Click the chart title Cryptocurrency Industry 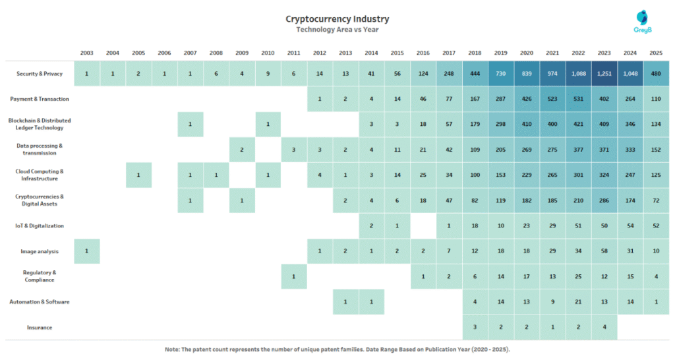[x=337, y=18]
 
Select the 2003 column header [x=86, y=53]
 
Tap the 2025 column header [x=656, y=53]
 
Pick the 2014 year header [x=371, y=53]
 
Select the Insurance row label [x=40, y=327]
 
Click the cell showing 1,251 [x=604, y=74]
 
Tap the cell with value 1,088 [x=578, y=74]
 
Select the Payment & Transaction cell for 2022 [x=578, y=99]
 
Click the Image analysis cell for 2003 [x=86, y=251]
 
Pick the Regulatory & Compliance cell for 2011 [x=293, y=276]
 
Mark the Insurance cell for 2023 [x=604, y=327]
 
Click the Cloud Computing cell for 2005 [x=138, y=175]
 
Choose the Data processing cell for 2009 [x=242, y=150]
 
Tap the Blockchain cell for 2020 [x=527, y=125]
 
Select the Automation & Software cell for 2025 [x=656, y=302]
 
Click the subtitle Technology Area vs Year [x=337, y=30]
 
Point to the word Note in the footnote [x=173, y=349]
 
